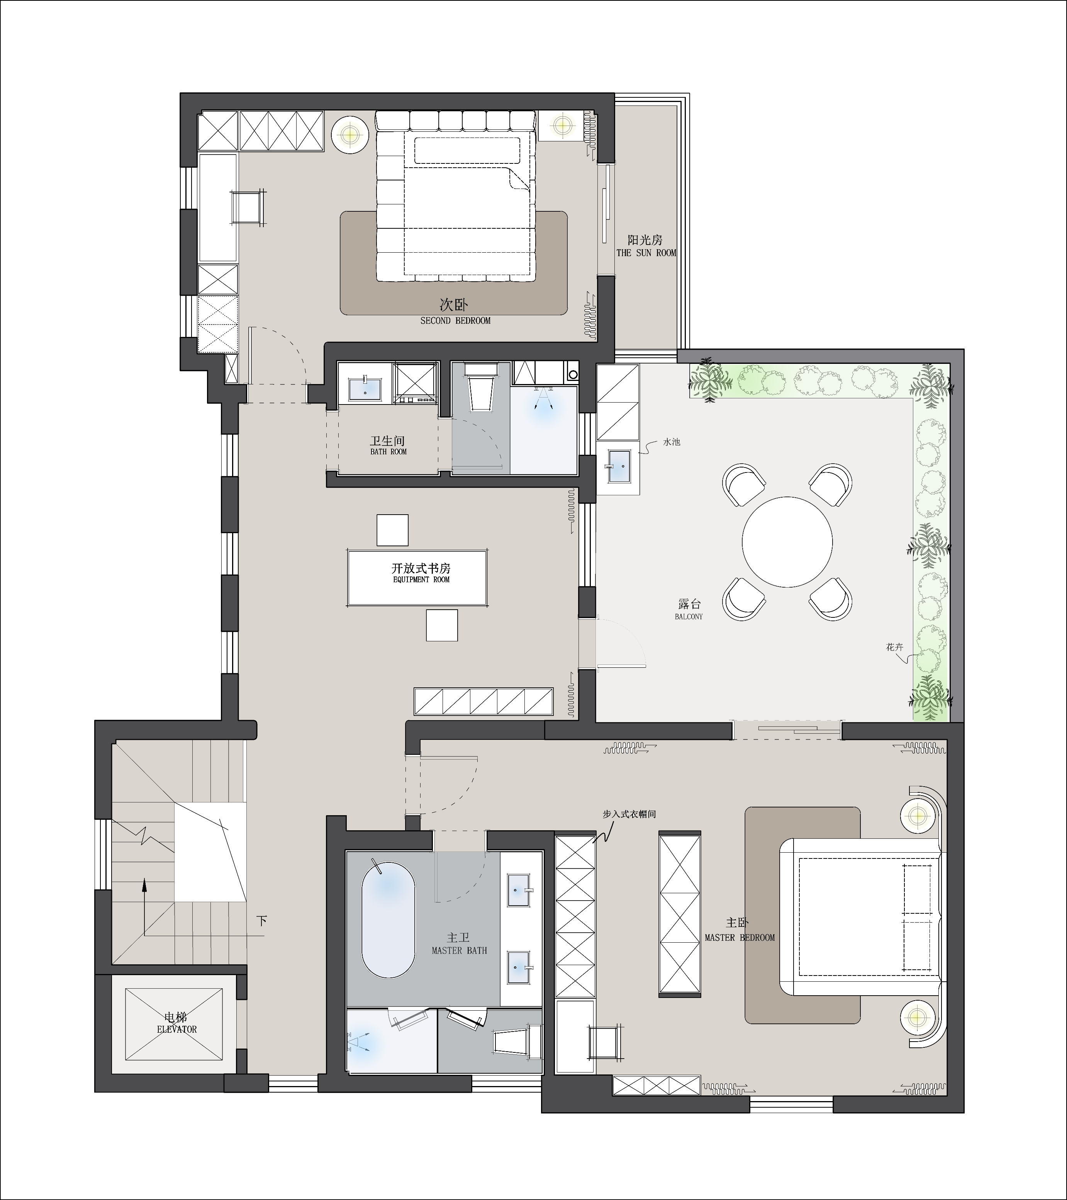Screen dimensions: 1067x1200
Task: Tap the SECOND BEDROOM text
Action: pos(455,321)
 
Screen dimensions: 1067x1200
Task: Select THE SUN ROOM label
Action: pos(646,253)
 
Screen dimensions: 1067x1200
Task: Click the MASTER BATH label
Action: pos(460,950)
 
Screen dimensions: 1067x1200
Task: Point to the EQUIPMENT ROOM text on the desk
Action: pos(421,580)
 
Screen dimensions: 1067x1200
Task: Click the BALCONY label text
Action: pos(689,617)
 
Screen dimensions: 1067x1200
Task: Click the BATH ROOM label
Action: pos(388,452)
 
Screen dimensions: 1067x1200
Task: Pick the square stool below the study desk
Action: pos(442,625)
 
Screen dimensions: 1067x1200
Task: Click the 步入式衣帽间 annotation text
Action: pos(629,814)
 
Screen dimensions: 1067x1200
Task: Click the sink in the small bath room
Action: pos(365,389)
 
